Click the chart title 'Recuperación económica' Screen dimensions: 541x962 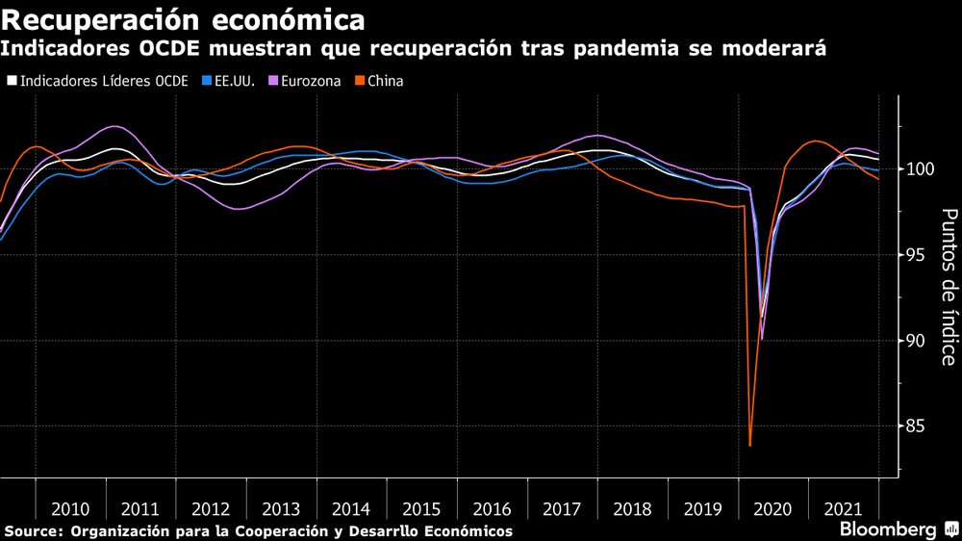coord(183,18)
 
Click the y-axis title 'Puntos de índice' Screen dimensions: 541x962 coord(948,287)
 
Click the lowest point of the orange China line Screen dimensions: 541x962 coord(749,446)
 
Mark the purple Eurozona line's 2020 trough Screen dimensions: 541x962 coord(762,339)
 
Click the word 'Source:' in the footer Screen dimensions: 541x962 coord(32,531)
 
